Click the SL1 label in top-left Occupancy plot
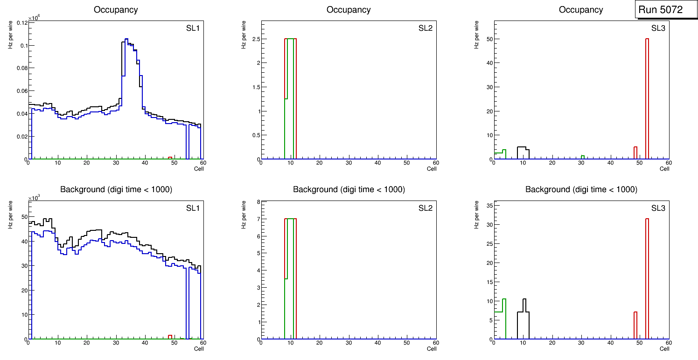[x=193, y=28]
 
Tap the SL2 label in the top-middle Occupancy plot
[x=426, y=28]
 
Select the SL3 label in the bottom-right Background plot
[x=658, y=208]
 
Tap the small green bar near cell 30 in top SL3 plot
[x=583, y=157]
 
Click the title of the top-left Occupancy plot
[x=116, y=9]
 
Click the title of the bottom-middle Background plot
[x=349, y=189]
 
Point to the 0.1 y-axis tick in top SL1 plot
[x=21, y=45]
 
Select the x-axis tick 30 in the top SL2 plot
[x=349, y=163]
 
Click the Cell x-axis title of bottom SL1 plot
[x=199, y=348]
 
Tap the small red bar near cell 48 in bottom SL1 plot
[x=170, y=337]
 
